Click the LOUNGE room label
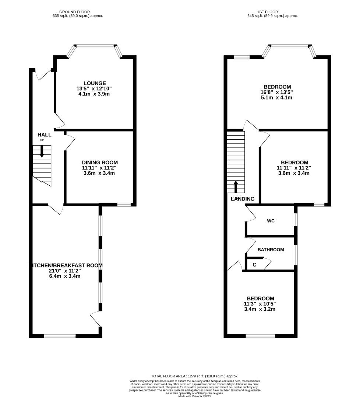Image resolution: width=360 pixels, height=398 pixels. [94, 83]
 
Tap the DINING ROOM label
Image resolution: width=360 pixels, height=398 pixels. [100, 163]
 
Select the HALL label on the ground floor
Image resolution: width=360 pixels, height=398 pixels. [45, 135]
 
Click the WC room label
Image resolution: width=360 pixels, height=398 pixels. [271, 221]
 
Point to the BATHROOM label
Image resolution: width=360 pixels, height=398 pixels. [271, 250]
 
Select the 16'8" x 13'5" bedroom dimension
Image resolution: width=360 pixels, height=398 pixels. [278, 92]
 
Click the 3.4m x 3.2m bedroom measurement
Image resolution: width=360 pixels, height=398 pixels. [260, 309]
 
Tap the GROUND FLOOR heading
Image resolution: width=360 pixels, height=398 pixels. [78, 12]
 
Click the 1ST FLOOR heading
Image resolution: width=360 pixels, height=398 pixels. [272, 12]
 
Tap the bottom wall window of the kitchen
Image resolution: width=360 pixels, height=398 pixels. [60, 336]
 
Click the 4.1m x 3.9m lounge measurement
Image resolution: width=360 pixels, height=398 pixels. [94, 94]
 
